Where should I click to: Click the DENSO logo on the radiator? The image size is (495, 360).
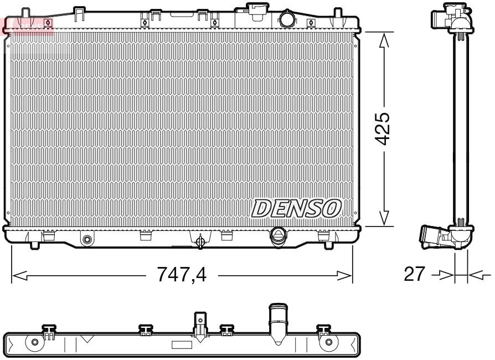pos(296,208)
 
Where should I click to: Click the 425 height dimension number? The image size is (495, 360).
pos(382,129)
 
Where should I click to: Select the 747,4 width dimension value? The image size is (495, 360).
pos(181,274)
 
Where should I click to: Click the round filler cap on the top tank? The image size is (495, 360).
pos(287,19)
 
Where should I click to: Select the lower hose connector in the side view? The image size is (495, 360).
pos(437,236)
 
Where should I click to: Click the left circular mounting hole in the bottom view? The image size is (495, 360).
pos(35,342)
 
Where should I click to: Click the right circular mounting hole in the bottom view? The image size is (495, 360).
pos(329,342)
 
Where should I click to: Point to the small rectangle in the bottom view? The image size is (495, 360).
pos(182,345)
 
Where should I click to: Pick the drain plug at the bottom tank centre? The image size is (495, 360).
pos(200,240)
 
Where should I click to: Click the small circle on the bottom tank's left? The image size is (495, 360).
pos(86,240)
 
